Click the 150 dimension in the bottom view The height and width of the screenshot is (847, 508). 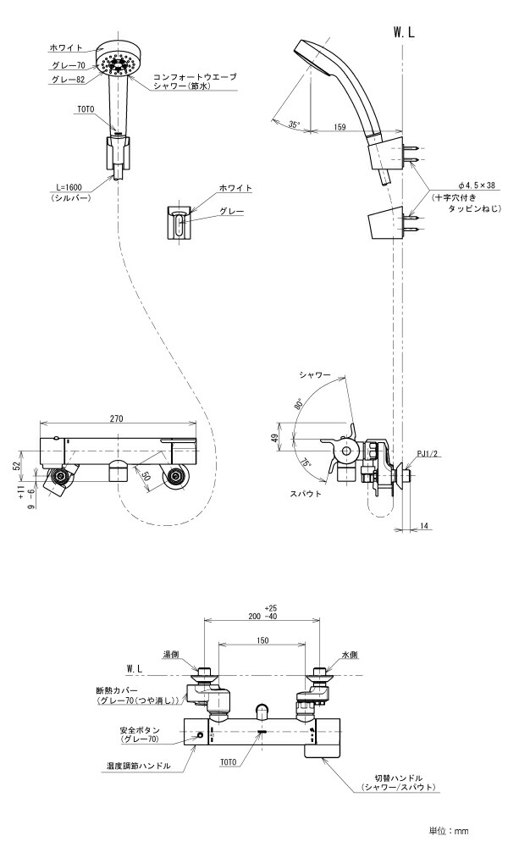(262, 641)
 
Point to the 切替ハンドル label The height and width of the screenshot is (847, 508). (399, 777)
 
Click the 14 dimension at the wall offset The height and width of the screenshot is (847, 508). (424, 527)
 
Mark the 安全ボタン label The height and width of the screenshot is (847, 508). (140, 728)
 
